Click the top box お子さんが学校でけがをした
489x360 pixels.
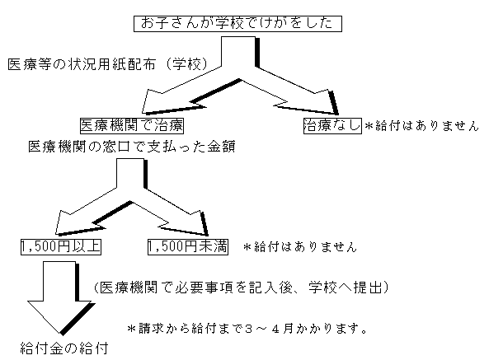(237, 24)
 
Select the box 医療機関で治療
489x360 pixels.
(132, 125)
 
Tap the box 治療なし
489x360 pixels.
(332, 125)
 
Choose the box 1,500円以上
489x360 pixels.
(61, 246)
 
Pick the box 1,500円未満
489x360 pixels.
(188, 246)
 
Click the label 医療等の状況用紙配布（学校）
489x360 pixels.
(108, 64)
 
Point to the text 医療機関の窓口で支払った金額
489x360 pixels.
(132, 147)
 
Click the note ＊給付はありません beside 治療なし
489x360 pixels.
(421, 126)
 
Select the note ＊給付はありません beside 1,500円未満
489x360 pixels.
(299, 247)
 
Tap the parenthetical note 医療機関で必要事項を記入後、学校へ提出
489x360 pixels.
(241, 288)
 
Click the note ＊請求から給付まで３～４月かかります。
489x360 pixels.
(247, 329)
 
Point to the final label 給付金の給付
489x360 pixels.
(64, 348)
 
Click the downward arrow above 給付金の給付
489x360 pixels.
(60, 297)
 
